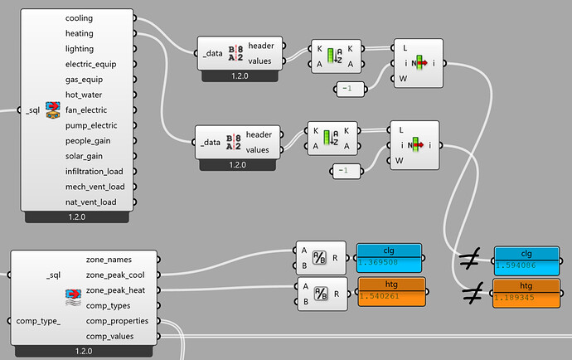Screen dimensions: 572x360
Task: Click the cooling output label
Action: pyautogui.click(x=79, y=18)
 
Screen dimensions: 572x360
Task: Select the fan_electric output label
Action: pyautogui.click(x=86, y=109)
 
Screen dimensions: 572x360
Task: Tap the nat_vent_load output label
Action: pyautogui.click(x=91, y=202)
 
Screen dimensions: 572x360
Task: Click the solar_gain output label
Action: pyautogui.click(x=84, y=156)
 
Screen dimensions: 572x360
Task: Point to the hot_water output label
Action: pyautogui.click(x=84, y=95)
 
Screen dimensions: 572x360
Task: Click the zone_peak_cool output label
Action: pyautogui.click(x=115, y=275)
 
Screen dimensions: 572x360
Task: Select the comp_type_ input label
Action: pyautogui.click(x=38, y=321)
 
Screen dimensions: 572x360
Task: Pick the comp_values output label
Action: pyautogui.click(x=109, y=336)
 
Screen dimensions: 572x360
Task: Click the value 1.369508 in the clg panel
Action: pyautogui.click(x=378, y=262)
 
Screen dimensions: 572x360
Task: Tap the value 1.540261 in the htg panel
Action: pyautogui.click(x=380, y=296)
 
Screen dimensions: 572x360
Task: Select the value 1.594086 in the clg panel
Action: pyautogui.click(x=516, y=265)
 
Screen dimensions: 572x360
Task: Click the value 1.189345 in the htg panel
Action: pyautogui.click(x=514, y=297)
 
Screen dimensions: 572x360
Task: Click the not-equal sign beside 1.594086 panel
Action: pyautogui.click(x=470, y=258)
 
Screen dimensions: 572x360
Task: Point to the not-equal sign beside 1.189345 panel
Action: pyautogui.click(x=473, y=293)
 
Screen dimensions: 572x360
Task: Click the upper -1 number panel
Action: pyautogui.click(x=350, y=89)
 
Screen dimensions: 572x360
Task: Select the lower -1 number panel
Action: pyautogui.click(x=347, y=171)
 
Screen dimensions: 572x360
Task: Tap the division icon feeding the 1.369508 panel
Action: pyautogui.click(x=319, y=257)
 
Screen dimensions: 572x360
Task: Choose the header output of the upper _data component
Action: pyautogui.click(x=261, y=46)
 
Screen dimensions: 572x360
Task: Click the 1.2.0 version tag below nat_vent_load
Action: pyautogui.click(x=76, y=216)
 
